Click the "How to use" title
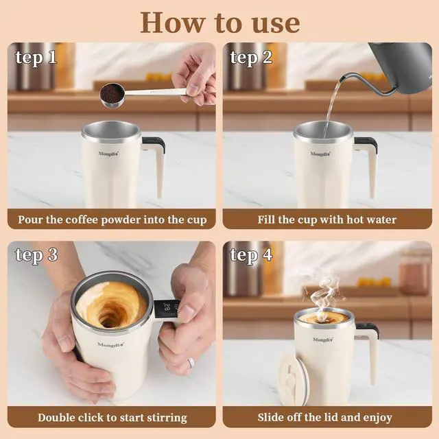[x=220, y=23]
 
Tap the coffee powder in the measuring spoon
[x=111, y=93]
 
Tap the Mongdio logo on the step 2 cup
[x=320, y=154]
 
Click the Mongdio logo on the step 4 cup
[x=323, y=340]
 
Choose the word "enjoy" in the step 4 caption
[x=377, y=418]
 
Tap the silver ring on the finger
[x=191, y=363]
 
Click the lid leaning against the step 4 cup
[x=293, y=378]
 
